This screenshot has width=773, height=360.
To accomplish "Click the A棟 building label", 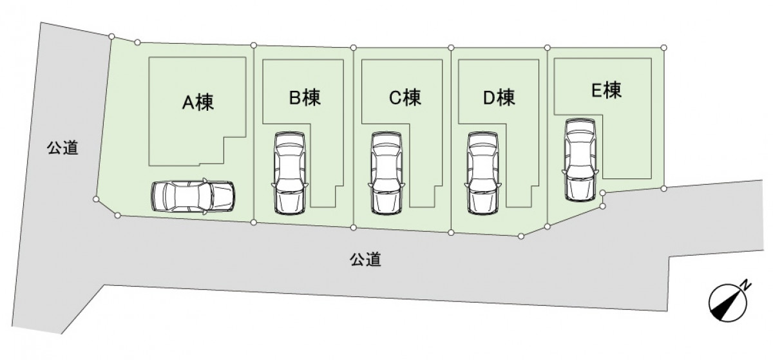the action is (198, 102).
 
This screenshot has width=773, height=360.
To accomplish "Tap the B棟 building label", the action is (305, 97).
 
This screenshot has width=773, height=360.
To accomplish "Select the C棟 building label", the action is (405, 97).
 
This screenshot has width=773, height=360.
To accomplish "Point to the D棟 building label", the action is (499, 97).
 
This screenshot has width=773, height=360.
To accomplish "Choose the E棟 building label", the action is (606, 90).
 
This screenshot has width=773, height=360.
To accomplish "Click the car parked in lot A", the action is (193, 196).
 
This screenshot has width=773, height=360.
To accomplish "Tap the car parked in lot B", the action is (290, 173).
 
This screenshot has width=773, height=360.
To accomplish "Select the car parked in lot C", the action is (386, 173).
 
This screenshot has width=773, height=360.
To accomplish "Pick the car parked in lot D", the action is (483, 173).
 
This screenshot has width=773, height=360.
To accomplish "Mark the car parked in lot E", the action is (580, 160).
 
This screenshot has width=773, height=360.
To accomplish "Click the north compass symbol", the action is (727, 303).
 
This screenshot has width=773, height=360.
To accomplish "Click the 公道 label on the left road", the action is (62, 147).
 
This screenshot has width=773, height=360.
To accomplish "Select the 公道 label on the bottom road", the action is (365, 260).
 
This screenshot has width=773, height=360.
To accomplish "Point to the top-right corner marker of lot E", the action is (663, 48).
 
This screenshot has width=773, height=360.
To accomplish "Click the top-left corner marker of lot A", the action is (111, 36).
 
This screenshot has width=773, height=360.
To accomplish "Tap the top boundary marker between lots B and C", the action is (353, 48).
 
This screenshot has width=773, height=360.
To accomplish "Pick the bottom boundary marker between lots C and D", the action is (451, 232).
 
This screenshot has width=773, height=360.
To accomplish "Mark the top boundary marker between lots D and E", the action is (547, 48).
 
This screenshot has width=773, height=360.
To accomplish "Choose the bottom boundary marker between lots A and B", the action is (254, 222).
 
